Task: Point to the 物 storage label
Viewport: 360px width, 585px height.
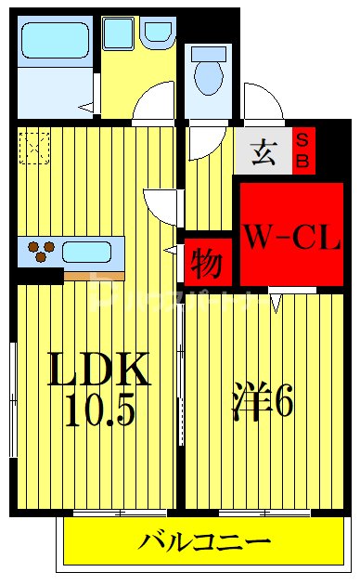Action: (x=206, y=265)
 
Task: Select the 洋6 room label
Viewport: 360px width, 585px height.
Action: (x=263, y=401)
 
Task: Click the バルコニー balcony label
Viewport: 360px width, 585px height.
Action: (x=206, y=541)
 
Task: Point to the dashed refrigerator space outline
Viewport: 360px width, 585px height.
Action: (x=34, y=148)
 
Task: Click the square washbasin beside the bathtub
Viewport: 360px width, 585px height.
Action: (x=119, y=33)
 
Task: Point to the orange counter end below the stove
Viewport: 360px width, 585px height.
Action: (x=94, y=276)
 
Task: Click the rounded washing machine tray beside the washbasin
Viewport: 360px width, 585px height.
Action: (x=158, y=33)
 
